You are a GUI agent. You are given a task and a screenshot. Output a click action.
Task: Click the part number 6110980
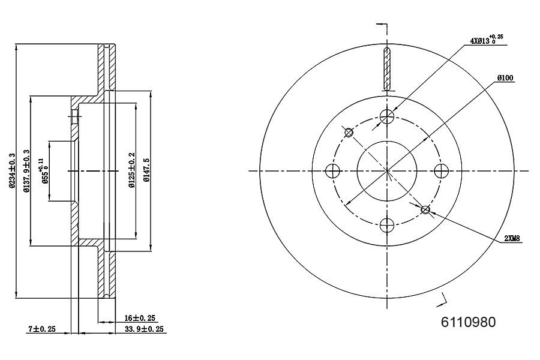point(469,322)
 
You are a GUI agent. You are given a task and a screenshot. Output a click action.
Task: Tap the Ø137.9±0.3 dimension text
point(26,171)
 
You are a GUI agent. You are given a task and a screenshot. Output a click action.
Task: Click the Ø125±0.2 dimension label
point(131,171)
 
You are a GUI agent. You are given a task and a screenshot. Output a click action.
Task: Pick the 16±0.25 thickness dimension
point(140,318)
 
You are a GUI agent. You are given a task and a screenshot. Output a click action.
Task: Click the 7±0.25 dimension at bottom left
point(41,329)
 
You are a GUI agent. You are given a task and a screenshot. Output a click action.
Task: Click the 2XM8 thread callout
point(512,239)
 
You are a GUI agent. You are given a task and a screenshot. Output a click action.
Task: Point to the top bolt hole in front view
point(388,116)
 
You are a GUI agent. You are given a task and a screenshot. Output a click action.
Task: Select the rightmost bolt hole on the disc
point(443,171)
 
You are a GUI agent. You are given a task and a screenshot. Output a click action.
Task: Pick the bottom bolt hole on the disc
point(388,226)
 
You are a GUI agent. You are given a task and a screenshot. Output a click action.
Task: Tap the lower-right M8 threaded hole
point(425,209)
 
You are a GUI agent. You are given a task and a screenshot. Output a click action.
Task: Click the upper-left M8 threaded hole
point(349,132)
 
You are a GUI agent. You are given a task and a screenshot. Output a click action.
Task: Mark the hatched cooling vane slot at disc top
point(387,68)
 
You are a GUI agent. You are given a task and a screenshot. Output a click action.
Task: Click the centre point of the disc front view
point(388,171)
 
